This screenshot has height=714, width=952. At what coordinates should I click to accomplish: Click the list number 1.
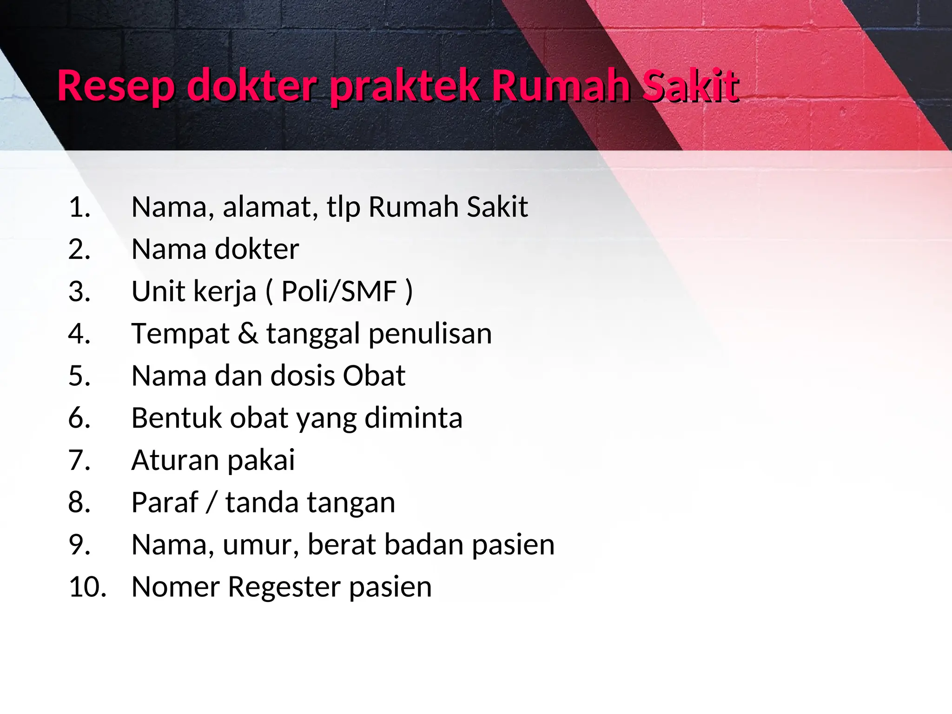click(79, 207)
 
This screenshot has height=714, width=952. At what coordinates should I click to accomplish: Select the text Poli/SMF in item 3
click(339, 291)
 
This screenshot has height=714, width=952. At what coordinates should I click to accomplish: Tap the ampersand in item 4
click(248, 333)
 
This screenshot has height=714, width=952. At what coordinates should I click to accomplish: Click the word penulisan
click(430, 334)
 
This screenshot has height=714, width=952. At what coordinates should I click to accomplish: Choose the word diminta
click(413, 417)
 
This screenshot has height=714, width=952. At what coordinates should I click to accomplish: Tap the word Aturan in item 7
click(175, 460)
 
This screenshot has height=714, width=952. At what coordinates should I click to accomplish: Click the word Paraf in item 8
click(165, 502)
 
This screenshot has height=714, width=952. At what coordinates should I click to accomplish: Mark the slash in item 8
click(212, 502)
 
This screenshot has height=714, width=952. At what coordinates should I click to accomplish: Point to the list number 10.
click(87, 587)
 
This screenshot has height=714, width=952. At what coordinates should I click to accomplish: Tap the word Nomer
click(175, 587)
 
